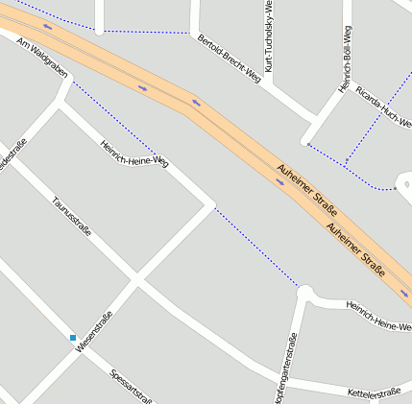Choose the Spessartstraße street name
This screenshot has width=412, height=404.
pos(133,387)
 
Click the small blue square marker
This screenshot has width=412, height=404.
pos(72,337)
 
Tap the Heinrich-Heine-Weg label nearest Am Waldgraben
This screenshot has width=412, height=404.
pos(133,154)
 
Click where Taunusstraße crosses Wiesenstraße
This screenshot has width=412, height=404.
pos(135,281)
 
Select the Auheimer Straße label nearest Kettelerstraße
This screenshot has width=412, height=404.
pos(355,248)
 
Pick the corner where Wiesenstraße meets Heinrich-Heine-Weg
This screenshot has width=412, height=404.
pos(210,204)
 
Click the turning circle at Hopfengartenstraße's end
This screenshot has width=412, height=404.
pos(305,291)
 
